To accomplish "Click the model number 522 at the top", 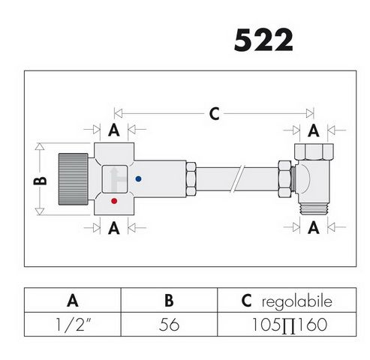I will (263, 40).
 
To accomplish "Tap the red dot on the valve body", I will (113, 201).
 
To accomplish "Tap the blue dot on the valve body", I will (140, 179).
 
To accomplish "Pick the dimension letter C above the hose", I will (213, 114).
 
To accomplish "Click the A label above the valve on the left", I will (113, 130).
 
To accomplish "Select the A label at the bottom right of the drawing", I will (313, 226).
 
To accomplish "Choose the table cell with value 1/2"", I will (73, 327).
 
